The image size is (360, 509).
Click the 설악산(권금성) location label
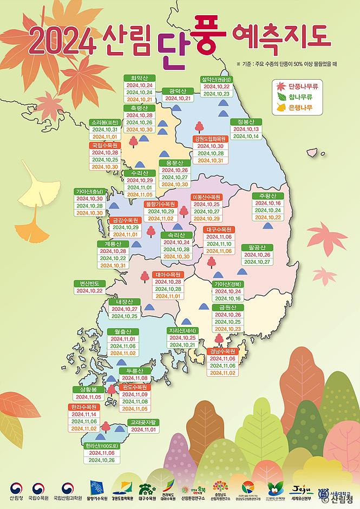pyautogui.click(x=216, y=78)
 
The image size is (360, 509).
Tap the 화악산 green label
pyautogui.click(x=139, y=77)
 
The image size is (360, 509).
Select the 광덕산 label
pyautogui.click(x=178, y=91)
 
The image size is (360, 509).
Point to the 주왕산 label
pyautogui.click(x=267, y=195)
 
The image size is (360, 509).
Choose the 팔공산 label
pyautogui.click(x=256, y=247)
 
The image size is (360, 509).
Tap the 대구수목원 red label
pyautogui.click(x=219, y=229)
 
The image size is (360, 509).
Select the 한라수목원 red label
pyautogui.click(x=83, y=407)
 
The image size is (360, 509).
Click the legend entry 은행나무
pyautogui.click(x=299, y=108)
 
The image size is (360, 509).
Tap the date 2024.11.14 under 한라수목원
pyautogui.click(x=83, y=414)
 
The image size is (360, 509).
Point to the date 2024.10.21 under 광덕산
pyautogui.click(x=178, y=99)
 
